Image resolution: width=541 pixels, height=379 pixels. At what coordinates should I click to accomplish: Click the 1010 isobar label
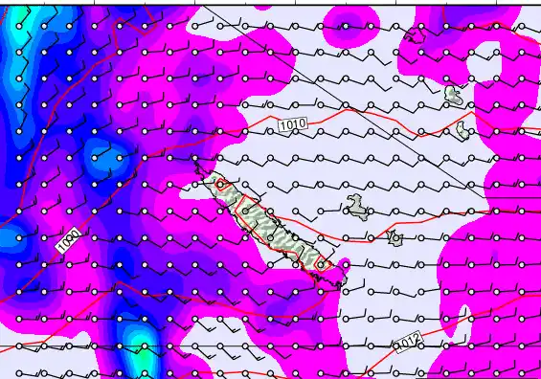click(292, 124)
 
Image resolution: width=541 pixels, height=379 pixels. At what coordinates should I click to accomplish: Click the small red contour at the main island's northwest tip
click(220, 184)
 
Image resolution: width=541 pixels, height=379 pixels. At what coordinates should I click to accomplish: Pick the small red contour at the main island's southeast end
click(321, 263)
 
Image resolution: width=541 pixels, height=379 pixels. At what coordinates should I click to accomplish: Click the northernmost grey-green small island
click(454, 94)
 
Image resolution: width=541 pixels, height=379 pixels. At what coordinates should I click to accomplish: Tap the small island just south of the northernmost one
click(465, 128)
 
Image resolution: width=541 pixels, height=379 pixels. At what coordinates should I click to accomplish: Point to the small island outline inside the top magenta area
click(414, 36)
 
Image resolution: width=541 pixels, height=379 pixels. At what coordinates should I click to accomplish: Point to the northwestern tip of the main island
click(199, 165)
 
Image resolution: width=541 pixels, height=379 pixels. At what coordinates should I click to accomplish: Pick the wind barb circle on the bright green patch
click(143, 346)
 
